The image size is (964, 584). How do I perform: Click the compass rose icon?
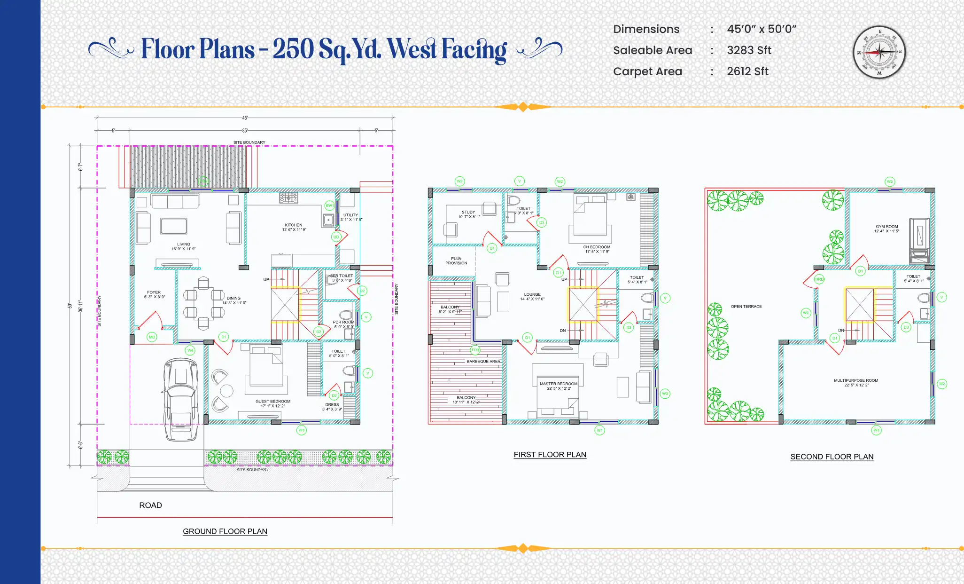[879, 52]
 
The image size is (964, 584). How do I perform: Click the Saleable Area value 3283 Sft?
[749, 50]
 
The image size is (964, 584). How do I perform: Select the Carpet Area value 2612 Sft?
[747, 71]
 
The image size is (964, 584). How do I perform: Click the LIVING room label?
[184, 245]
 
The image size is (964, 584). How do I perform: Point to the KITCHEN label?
[294, 225]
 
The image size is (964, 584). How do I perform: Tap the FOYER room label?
[154, 292]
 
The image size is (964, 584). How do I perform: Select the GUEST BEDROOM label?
[273, 402]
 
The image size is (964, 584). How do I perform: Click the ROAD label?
[150, 505]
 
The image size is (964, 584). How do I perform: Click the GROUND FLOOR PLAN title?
[225, 531]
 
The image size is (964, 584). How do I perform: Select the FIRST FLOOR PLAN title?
[550, 455]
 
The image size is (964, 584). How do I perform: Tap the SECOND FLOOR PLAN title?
[832, 457]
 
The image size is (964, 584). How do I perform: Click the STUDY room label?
[468, 213]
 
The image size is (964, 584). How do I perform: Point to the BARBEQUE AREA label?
[483, 362]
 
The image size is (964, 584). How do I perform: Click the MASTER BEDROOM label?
[559, 384]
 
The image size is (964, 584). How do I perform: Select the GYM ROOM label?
[886, 227]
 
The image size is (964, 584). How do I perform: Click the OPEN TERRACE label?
[746, 307]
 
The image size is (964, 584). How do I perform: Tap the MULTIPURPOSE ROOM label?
[856, 380]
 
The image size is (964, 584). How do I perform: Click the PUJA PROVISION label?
[456, 261]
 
